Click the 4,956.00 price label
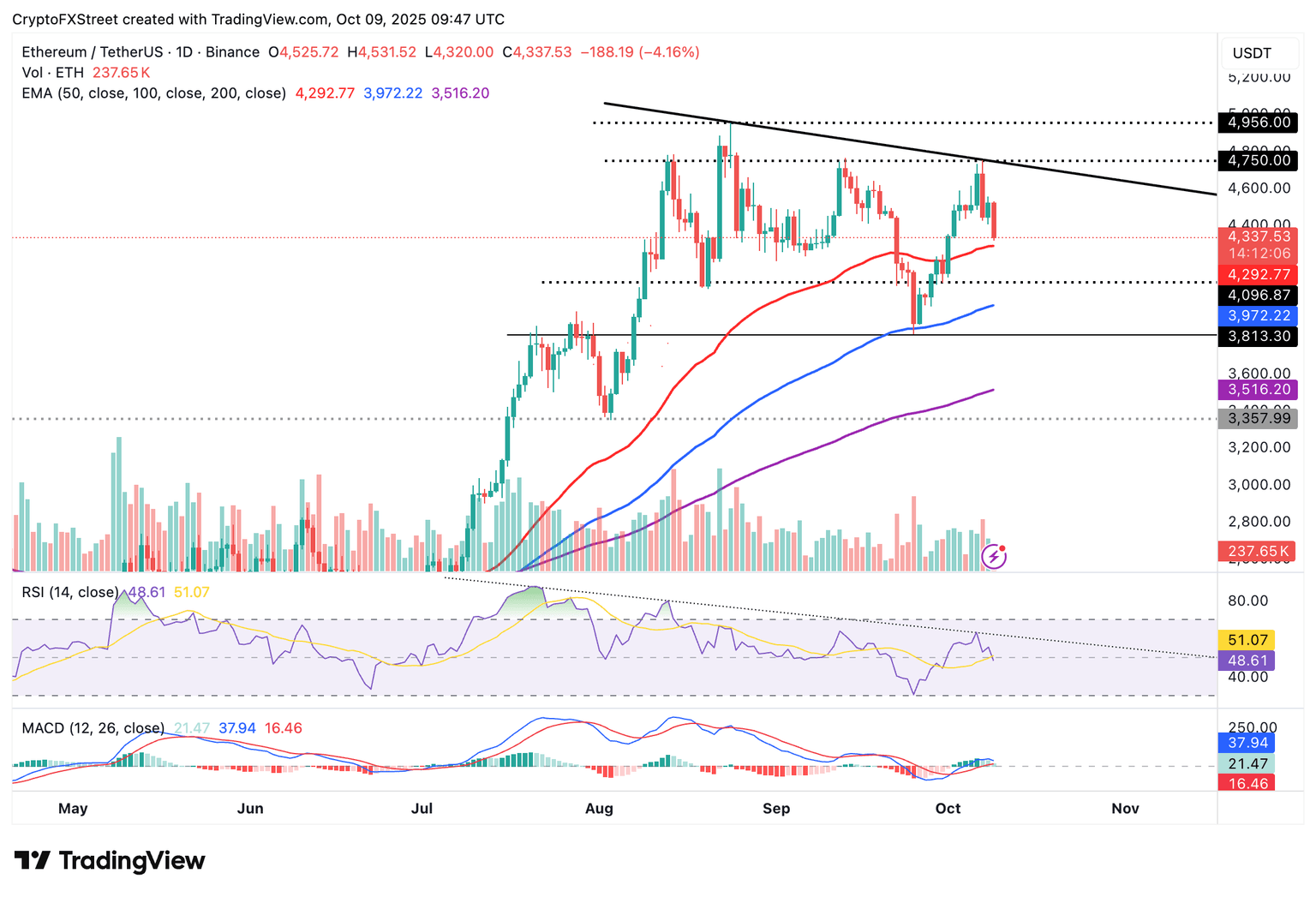[x=1259, y=123]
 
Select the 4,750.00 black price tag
[x=1259, y=160]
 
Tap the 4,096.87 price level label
[x=1259, y=296]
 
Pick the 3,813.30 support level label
[x=1259, y=336]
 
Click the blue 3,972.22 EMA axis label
[x=1259, y=316]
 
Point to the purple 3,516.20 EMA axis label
[x=1259, y=390]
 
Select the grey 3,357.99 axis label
[x=1259, y=418]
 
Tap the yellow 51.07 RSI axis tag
[x=1247, y=640]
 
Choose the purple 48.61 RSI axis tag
[x=1247, y=661]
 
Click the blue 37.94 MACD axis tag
[x=1247, y=743]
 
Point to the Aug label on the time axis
[x=599, y=809]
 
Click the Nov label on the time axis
[x=1125, y=809]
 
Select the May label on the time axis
[x=73, y=809]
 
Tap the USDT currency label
[x=1252, y=53]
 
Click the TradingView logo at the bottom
[x=110, y=860]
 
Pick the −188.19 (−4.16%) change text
[x=640, y=52]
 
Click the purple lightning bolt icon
[x=994, y=558]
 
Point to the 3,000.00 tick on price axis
[x=1259, y=485]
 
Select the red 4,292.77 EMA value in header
[x=325, y=93]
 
